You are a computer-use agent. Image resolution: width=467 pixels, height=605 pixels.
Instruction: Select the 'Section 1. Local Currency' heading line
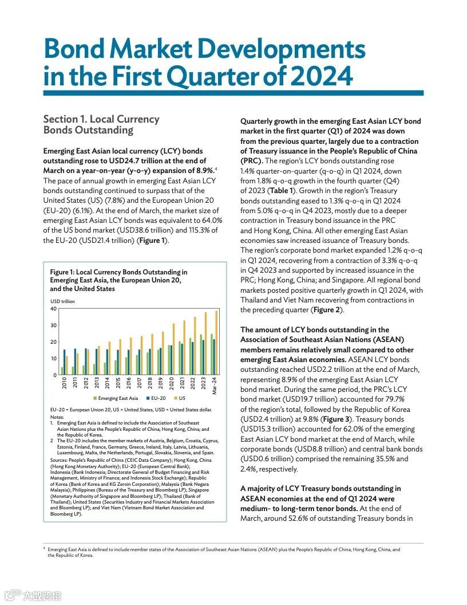pos(101,119)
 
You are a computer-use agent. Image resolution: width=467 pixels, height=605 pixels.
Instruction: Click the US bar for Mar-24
pos(217,343)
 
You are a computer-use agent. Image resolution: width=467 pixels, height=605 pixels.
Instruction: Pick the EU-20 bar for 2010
pos(65,362)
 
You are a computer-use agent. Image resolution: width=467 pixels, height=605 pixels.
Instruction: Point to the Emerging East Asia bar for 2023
pos(201,355)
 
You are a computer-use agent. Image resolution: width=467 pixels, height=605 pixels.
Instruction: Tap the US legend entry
pos(180,398)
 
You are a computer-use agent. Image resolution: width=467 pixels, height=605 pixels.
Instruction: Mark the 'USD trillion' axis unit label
pos(62,301)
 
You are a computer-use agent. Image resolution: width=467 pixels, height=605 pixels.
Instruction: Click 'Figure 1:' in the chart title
pos(62,272)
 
